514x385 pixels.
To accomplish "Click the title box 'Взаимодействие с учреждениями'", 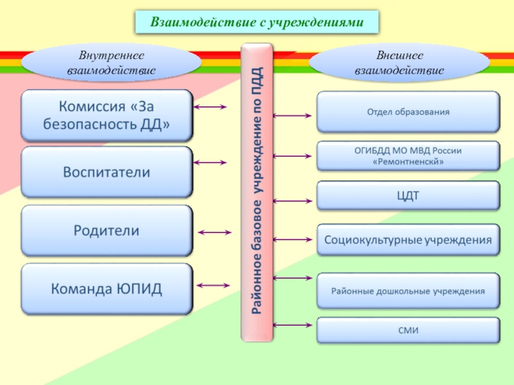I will click(x=257, y=22).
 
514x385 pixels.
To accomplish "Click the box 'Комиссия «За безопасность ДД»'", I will click(x=107, y=116).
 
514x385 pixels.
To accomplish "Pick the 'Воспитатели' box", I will click(x=107, y=172).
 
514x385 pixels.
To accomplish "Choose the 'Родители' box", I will click(x=107, y=230).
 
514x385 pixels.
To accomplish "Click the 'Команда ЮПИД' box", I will click(x=107, y=289).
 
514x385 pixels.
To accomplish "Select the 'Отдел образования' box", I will click(x=408, y=112).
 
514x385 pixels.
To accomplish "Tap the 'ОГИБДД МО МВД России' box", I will click(x=408, y=156).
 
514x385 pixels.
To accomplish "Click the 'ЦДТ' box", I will click(x=408, y=196).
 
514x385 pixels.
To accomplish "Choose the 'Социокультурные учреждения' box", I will click(x=408, y=241).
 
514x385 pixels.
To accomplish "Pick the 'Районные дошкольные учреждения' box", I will click(x=408, y=291).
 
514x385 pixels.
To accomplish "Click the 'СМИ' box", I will click(x=408, y=330).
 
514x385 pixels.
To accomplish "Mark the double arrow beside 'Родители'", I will click(x=215, y=232).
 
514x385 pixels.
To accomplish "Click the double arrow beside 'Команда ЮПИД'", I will click(x=215, y=284).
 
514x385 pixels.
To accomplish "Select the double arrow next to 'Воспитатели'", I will click(x=210, y=163).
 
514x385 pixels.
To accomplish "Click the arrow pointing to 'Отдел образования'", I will click(x=293, y=116).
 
